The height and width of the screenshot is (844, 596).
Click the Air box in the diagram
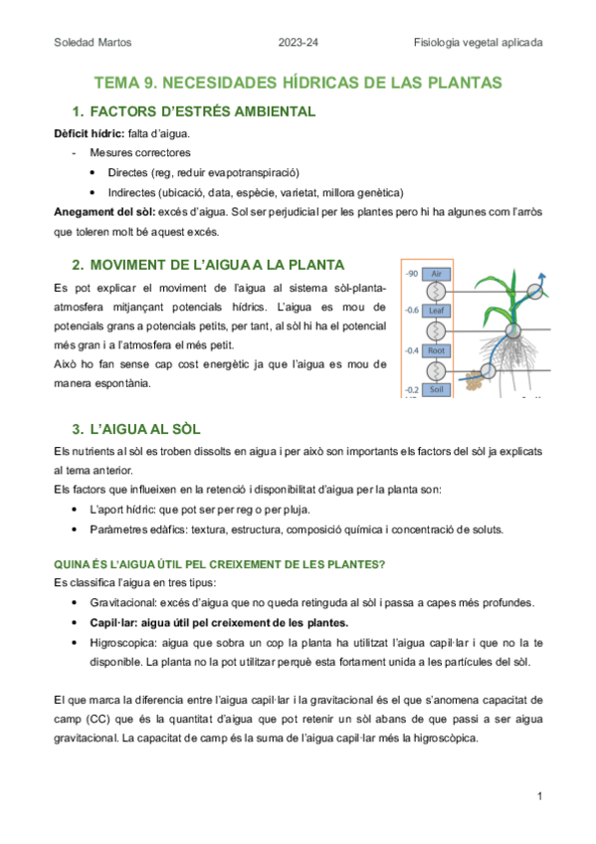(435, 273)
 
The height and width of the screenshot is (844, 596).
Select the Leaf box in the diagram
(435, 311)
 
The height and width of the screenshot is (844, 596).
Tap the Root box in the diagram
(435, 350)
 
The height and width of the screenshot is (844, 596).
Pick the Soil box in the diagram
(435, 389)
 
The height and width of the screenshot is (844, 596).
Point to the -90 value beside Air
(410, 273)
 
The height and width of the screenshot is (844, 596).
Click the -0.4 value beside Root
(410, 350)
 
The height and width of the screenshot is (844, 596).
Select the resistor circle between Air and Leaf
(435, 292)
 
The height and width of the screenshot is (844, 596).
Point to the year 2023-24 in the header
(298, 43)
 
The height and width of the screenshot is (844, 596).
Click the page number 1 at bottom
(538, 796)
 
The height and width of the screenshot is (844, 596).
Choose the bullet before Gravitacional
(78, 603)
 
